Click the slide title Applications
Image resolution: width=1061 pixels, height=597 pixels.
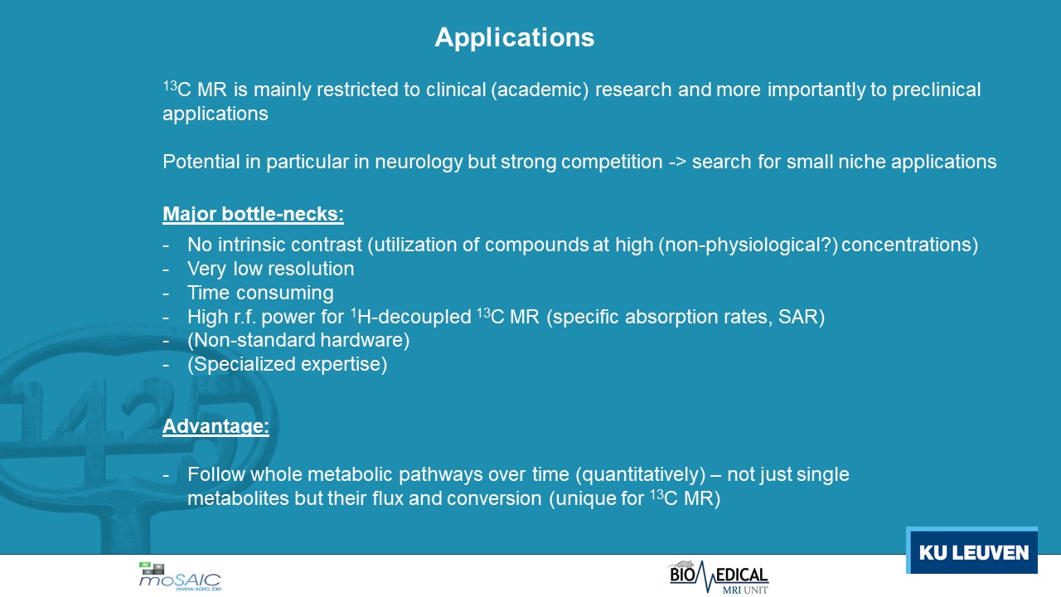[x=515, y=37]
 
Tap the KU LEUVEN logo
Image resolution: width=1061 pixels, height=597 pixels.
[x=972, y=550]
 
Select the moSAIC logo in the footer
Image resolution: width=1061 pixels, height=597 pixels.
[x=180, y=576]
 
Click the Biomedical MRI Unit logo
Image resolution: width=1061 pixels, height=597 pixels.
[x=719, y=577]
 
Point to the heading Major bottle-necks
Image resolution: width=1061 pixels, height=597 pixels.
[x=253, y=214]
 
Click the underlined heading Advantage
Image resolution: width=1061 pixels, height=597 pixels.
[x=216, y=426]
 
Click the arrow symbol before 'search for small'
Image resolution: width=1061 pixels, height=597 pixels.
[x=677, y=163]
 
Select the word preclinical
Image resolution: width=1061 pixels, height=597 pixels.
[x=937, y=90]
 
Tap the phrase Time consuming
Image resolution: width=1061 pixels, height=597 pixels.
[x=260, y=293]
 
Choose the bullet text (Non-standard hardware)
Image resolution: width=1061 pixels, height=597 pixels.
[x=298, y=340]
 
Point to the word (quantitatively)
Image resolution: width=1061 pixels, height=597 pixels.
[x=641, y=475]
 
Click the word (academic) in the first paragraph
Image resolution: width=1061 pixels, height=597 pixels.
[x=540, y=90]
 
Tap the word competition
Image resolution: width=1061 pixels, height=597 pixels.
[x=612, y=162]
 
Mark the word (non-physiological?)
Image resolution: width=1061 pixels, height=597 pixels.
[x=748, y=245]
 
